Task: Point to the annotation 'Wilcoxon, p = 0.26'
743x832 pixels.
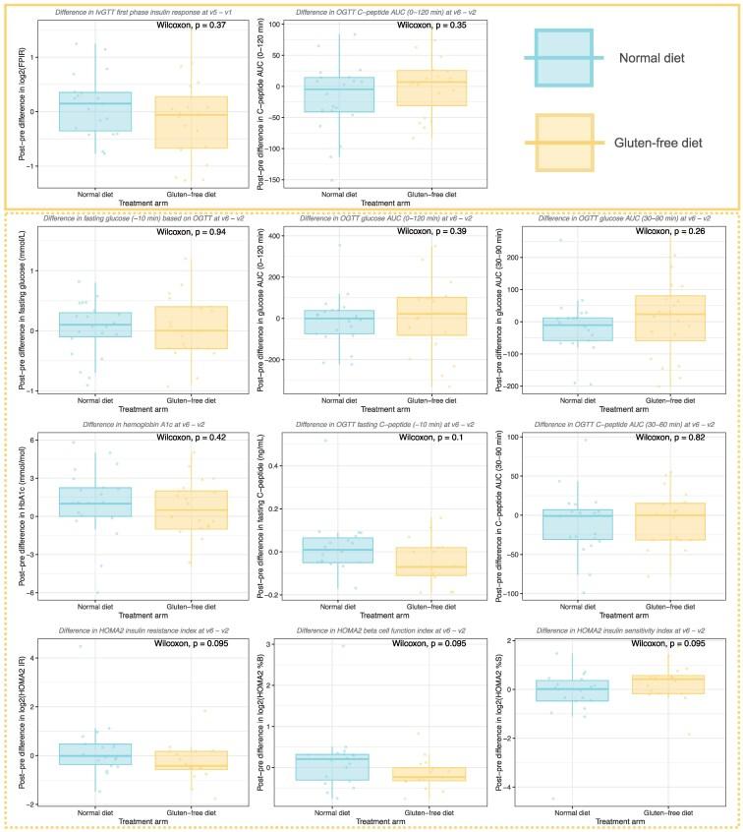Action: tap(677, 233)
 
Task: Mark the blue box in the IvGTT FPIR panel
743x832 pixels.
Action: tap(95, 111)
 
